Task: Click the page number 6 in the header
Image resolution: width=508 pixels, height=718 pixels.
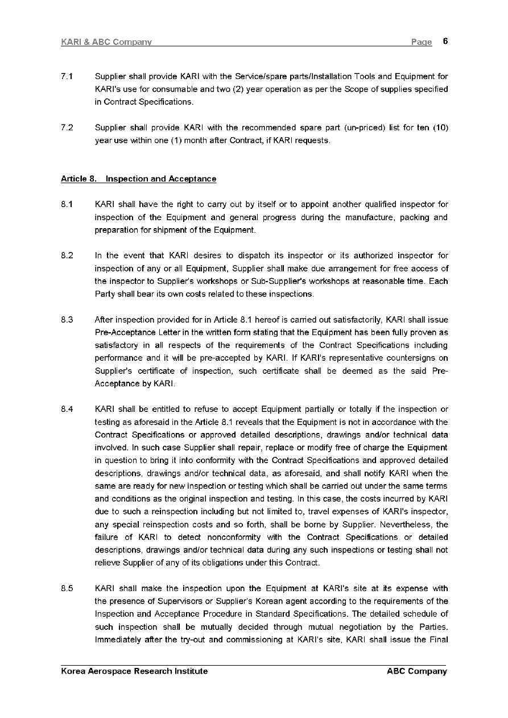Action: (x=445, y=42)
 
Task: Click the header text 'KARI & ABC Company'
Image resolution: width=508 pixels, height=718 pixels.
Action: (x=106, y=42)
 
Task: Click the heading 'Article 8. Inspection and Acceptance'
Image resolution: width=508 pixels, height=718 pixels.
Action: (x=138, y=179)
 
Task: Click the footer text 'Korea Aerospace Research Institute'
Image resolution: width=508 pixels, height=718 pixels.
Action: (x=134, y=671)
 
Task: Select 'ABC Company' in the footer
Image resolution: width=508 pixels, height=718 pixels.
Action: (x=417, y=671)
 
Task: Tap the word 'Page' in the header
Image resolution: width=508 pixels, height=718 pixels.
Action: (x=422, y=42)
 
